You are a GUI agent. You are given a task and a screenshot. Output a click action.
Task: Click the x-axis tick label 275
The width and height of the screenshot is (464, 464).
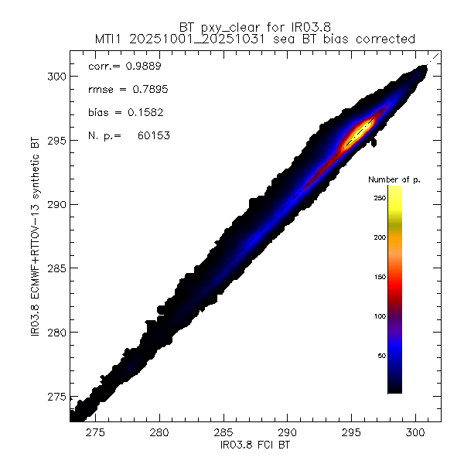coord(96,433)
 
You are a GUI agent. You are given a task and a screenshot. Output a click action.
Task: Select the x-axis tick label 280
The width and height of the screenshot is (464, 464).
coord(160,433)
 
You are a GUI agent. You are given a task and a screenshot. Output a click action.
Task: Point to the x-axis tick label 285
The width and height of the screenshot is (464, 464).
coord(224,433)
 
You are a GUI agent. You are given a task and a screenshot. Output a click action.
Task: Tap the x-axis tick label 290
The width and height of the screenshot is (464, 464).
coord(288,433)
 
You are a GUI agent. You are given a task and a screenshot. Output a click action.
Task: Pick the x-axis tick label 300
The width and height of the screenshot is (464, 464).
coord(416,433)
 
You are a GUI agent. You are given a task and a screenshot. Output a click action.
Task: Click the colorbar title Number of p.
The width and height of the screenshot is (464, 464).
coord(394,179)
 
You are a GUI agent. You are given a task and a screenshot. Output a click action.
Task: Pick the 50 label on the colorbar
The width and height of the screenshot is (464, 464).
coord(380,356)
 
